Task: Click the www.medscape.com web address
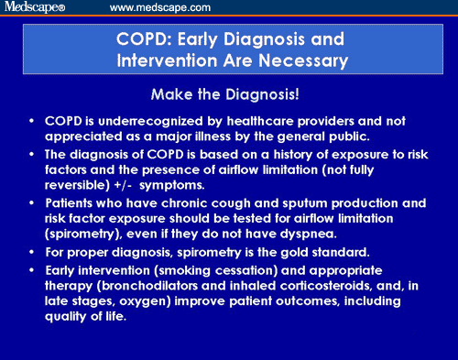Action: click(x=159, y=7)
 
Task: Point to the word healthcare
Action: click(x=265, y=121)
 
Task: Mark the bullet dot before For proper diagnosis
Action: click(x=34, y=250)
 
